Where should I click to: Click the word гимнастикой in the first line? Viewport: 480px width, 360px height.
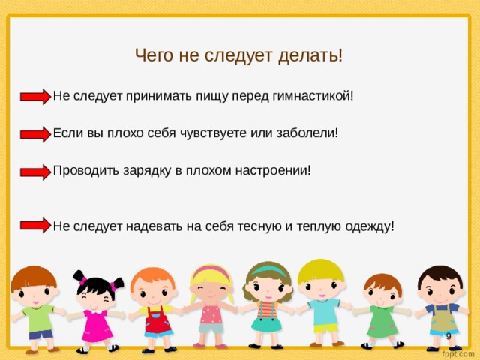(316, 96)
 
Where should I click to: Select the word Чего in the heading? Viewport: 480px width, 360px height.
(152, 55)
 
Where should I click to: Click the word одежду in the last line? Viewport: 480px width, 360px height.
(367, 226)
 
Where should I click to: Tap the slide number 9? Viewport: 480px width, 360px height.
(448, 337)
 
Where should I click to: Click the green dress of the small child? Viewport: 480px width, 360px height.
(383, 320)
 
